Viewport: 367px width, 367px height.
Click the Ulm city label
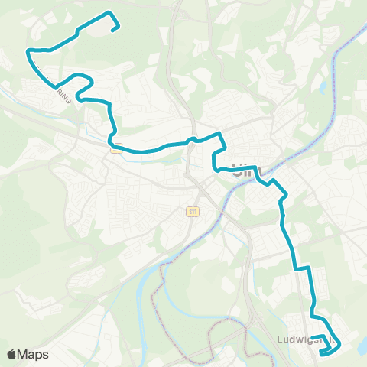pos(239,169)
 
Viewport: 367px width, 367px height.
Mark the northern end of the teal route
pos(115,29)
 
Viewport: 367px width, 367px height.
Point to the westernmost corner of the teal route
pos(28,50)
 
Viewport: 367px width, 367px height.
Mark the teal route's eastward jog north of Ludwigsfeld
pos(303,268)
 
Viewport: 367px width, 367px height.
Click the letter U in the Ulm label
pos(232,169)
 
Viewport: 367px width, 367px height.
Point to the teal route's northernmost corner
pos(109,13)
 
